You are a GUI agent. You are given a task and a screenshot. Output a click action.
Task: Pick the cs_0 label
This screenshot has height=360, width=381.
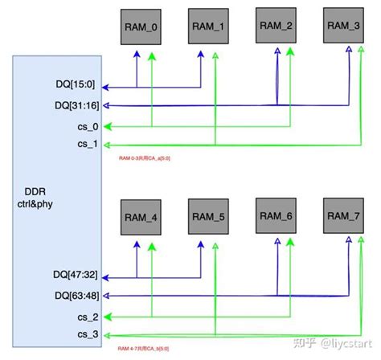click(x=88, y=125)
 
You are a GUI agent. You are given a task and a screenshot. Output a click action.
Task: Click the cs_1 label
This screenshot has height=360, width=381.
click(x=88, y=145)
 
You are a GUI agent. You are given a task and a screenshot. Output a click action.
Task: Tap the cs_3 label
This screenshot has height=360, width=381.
click(x=88, y=335)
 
